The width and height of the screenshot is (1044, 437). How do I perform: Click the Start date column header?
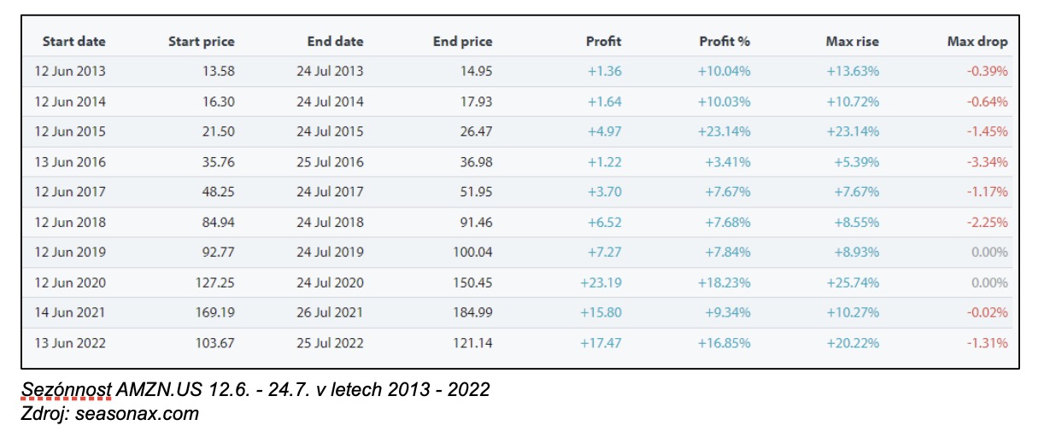74,41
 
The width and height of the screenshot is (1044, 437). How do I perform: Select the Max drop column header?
977,41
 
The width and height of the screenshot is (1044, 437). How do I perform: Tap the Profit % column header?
724,41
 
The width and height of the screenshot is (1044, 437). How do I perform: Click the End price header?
462,41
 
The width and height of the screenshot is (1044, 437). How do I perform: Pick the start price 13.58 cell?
215,72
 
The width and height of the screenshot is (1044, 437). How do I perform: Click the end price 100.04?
472,253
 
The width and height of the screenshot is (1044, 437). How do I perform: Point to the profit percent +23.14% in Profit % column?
724,132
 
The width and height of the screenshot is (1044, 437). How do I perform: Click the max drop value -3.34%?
987,162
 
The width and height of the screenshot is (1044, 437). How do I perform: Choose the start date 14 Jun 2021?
70,313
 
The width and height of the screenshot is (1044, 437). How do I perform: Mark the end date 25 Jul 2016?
330,162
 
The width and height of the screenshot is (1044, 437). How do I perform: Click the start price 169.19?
212,313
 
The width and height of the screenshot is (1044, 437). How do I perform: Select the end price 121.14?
472,343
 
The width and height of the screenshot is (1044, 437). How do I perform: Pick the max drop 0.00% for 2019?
989,253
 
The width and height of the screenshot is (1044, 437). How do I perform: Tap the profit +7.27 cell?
604,253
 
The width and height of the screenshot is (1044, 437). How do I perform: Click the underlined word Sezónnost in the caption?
66,391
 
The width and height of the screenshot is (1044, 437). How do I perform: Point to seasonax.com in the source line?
137,415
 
